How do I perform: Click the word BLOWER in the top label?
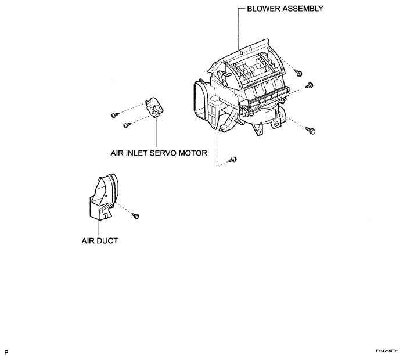click(x=264, y=9)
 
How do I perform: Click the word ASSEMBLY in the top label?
click(x=303, y=9)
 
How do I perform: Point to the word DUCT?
click(x=107, y=241)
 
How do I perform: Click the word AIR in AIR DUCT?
click(x=88, y=241)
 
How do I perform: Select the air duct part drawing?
click(x=102, y=197)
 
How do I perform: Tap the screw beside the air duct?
click(x=136, y=215)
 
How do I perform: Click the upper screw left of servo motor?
click(x=114, y=115)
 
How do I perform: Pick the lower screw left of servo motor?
click(x=126, y=125)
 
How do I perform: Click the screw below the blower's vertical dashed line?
click(x=233, y=160)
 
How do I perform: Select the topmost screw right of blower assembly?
click(x=298, y=73)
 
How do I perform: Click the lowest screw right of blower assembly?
click(x=311, y=131)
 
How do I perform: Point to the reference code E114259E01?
click(x=386, y=351)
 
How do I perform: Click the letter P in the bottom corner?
click(x=7, y=352)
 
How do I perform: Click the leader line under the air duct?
click(x=99, y=228)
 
